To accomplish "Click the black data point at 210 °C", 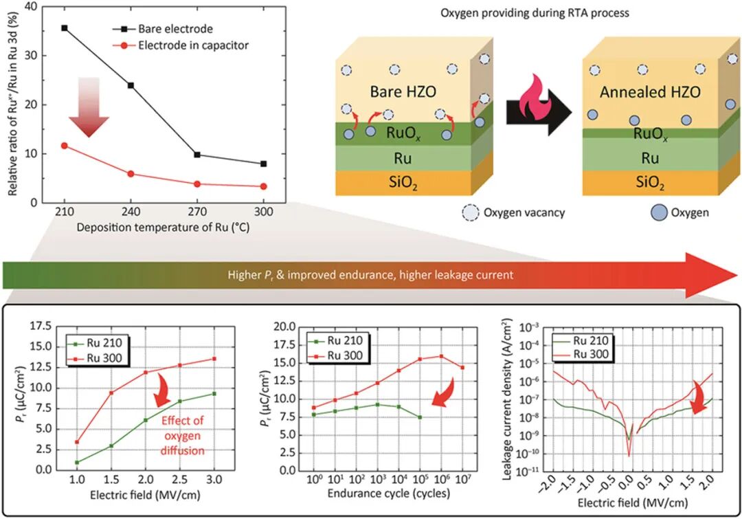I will pyautogui.click(x=65, y=28).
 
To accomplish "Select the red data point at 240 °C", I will pyautogui.click(x=131, y=174).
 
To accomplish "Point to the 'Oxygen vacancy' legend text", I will pyautogui.click(x=524, y=212).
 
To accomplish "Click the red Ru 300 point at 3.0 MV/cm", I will pyautogui.click(x=215, y=359).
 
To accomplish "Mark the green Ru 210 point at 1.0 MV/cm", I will pyautogui.click(x=77, y=462).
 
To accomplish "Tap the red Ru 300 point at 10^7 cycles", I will pyautogui.click(x=462, y=368).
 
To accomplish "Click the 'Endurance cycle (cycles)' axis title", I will pyautogui.click(x=388, y=493).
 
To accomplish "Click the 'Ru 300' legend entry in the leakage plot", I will pyautogui.click(x=593, y=352).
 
